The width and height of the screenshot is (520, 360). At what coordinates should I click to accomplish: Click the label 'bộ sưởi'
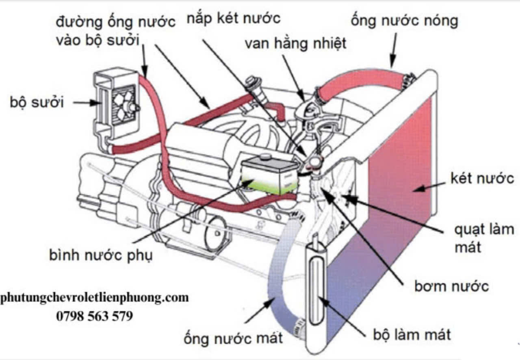tap(37, 102)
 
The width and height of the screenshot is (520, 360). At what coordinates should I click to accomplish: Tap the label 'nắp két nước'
tap(234, 19)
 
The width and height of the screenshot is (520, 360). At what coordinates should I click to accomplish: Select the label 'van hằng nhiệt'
tap(295, 43)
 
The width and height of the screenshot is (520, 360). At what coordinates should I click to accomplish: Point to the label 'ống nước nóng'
tap(404, 20)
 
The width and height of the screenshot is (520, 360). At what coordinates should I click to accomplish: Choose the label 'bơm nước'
tap(451, 286)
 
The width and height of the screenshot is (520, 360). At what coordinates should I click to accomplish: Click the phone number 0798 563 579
tap(94, 316)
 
